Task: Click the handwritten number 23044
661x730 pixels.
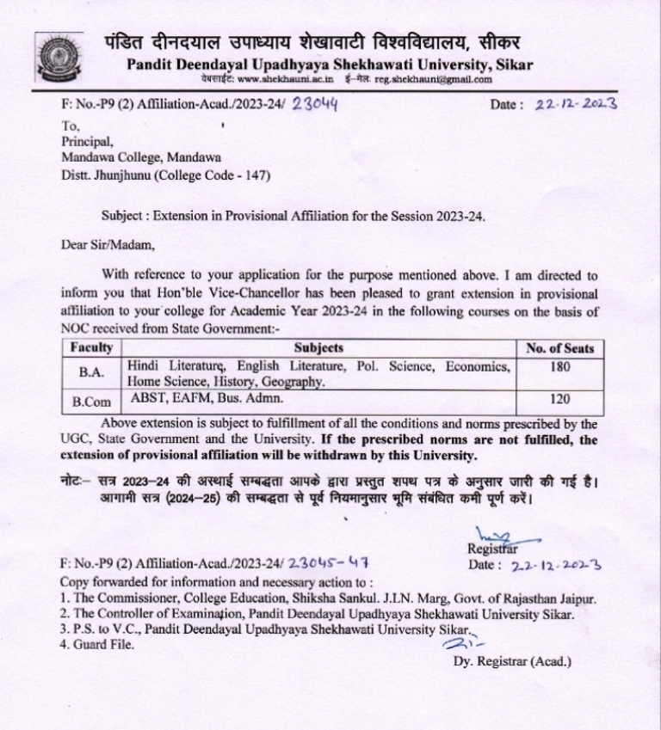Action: [315, 105]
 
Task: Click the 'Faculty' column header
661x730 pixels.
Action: [91, 347]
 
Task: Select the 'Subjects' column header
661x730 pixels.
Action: [318, 347]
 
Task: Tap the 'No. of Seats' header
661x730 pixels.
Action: [559, 348]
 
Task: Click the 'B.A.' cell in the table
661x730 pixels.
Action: [91, 373]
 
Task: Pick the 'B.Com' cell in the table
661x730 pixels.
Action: [91, 400]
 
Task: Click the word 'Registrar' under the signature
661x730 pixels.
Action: [491, 549]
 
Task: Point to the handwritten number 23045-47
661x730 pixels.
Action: [330, 564]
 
